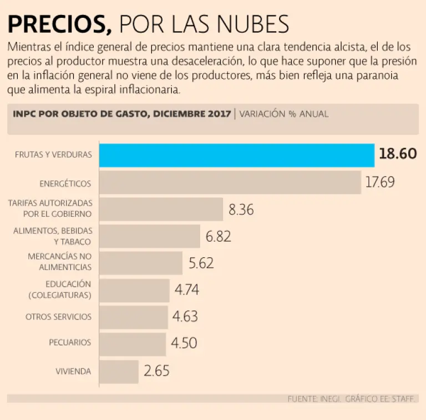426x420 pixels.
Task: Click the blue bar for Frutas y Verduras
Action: pyautogui.click(x=237, y=155)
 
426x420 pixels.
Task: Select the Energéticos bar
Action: pyautogui.click(x=230, y=182)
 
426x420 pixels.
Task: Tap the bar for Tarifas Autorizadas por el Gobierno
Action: pyautogui.click(x=161, y=209)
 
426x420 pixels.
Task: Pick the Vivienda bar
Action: pyautogui.click(x=119, y=371)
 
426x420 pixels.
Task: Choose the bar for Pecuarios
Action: pyautogui.click(x=133, y=344)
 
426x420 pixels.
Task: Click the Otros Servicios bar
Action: pyautogui.click(x=134, y=317)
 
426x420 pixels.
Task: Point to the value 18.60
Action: pyautogui.click(x=398, y=154)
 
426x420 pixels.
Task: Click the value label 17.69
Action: pyautogui.click(x=380, y=182)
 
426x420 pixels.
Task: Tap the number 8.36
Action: pyautogui.click(x=241, y=210)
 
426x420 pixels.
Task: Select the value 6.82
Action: pyautogui.click(x=219, y=237)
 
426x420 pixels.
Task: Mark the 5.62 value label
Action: pyautogui.click(x=201, y=263)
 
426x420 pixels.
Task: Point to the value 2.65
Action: pyautogui.click(x=156, y=371)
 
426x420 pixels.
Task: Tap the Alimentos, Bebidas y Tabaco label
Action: pyautogui.click(x=53, y=236)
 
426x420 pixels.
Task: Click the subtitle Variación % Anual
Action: pyautogui.click(x=284, y=114)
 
